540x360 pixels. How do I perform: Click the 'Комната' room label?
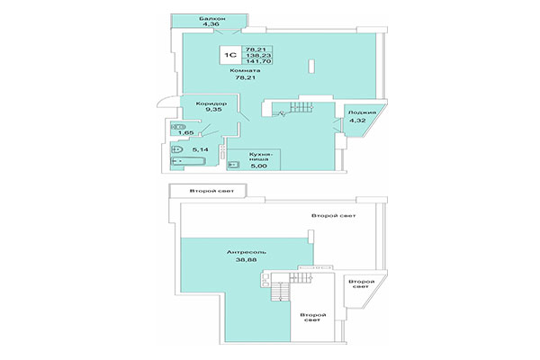245,70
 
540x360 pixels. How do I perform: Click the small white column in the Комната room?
310,67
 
